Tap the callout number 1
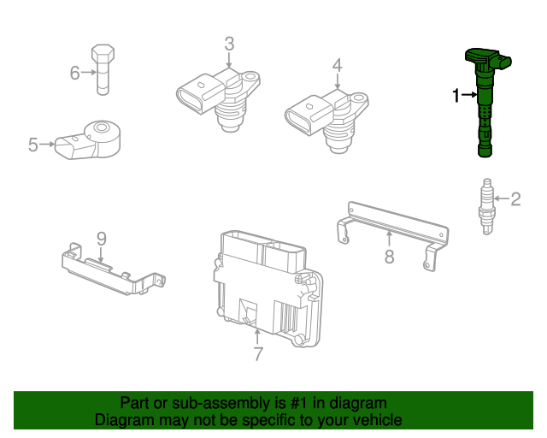tap(456, 95)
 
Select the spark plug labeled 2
tap(486, 206)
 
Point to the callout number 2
tap(515, 199)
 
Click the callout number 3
tap(229, 44)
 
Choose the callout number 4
tap(337, 65)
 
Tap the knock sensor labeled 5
tap(88, 140)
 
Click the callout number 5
tap(32, 145)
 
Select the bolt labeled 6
tap(103, 69)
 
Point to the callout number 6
tap(74, 73)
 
